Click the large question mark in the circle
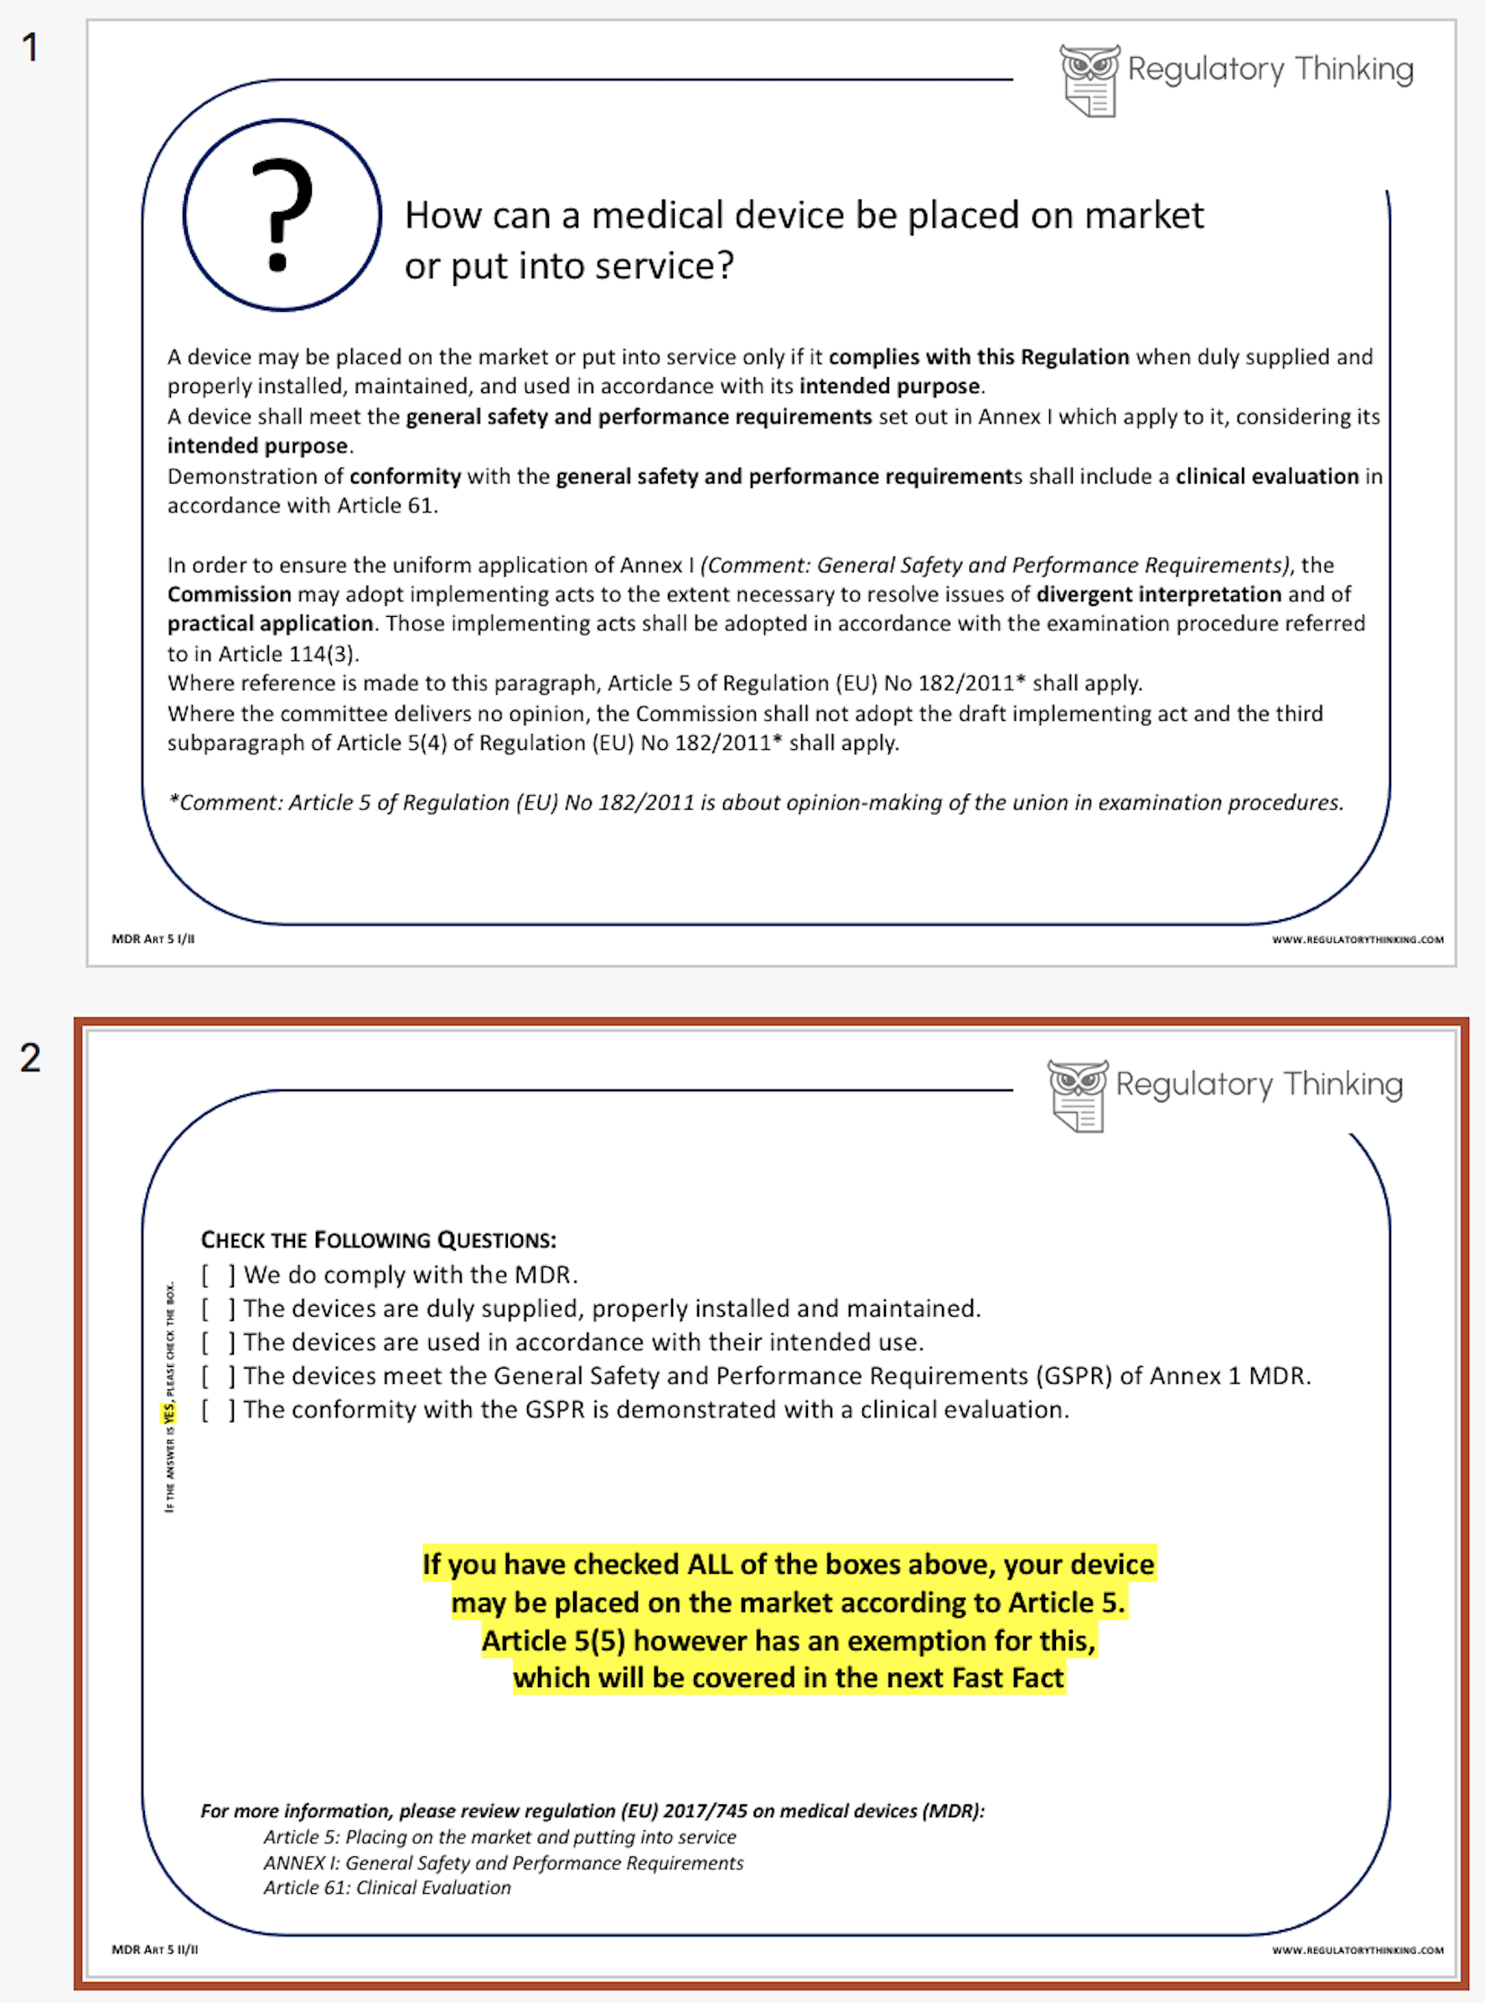pyautogui.click(x=282, y=215)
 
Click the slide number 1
pyautogui.click(x=30, y=48)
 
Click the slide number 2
pyautogui.click(x=30, y=1058)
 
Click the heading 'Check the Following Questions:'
pyautogui.click(x=379, y=1240)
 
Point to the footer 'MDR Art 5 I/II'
pyautogui.click(x=153, y=939)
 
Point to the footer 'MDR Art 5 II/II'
pyautogui.click(x=154, y=1950)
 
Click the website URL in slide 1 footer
pyautogui.click(x=1358, y=940)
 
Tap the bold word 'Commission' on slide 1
pyautogui.click(x=230, y=594)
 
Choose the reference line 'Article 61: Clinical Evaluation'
pyautogui.click(x=387, y=1888)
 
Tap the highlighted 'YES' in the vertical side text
pyautogui.click(x=169, y=1412)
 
